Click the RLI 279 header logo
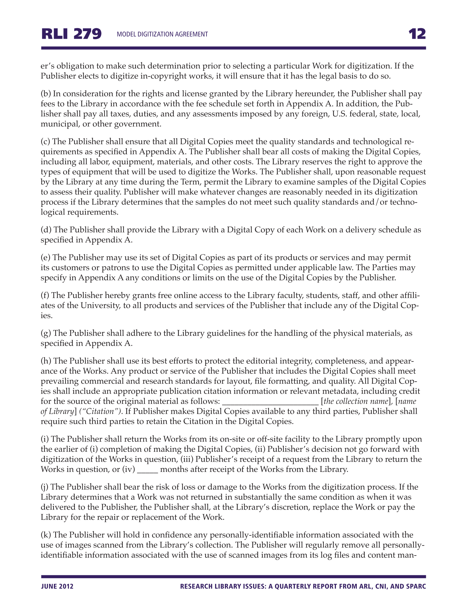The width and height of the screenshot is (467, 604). point(71,34)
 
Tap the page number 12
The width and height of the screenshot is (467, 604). point(417,34)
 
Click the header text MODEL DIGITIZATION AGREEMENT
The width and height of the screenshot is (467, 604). point(162,34)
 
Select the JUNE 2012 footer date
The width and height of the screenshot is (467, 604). point(57,586)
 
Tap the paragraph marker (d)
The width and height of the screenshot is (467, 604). point(46,230)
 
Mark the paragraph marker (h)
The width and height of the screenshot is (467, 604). point(46,361)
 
